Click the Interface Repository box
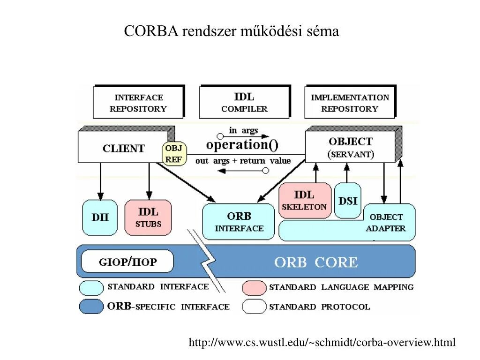click(138, 102)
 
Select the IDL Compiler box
click(244, 102)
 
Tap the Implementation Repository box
click(350, 102)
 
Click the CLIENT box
click(123, 148)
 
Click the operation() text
click(242, 144)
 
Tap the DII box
click(99, 217)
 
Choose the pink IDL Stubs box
click(148, 217)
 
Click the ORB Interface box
click(239, 222)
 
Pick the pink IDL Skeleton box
click(305, 200)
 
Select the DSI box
click(348, 201)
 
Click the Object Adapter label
click(386, 223)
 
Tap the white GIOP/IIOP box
click(127, 262)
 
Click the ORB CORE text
click(315, 262)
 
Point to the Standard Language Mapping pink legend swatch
click(254, 287)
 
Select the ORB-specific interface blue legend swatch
click(91, 307)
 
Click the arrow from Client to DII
click(100, 180)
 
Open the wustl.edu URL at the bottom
click(322, 343)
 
